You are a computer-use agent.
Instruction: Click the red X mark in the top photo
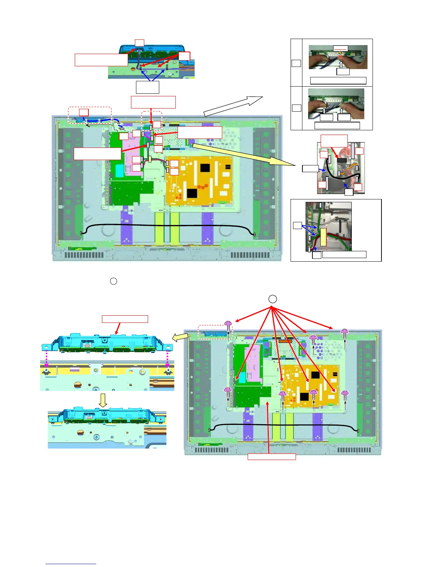pos(340,56)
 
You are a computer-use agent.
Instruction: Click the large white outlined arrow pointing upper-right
pos(233,106)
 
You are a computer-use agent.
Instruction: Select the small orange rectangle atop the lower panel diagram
pos(285,341)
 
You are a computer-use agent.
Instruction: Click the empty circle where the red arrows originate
pos(272,299)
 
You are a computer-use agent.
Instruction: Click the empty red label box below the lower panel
pos(272,456)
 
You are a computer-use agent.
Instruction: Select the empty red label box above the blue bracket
pos(125,319)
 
